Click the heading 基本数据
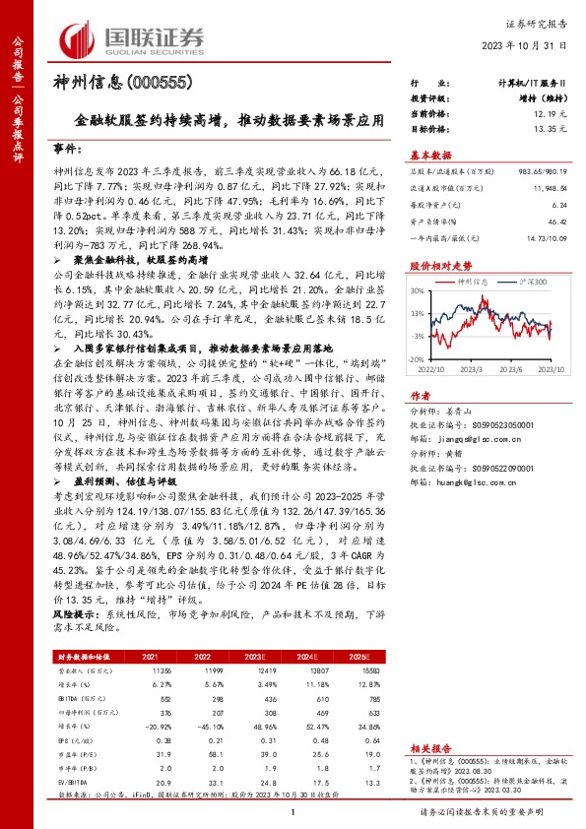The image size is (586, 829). tap(430, 154)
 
